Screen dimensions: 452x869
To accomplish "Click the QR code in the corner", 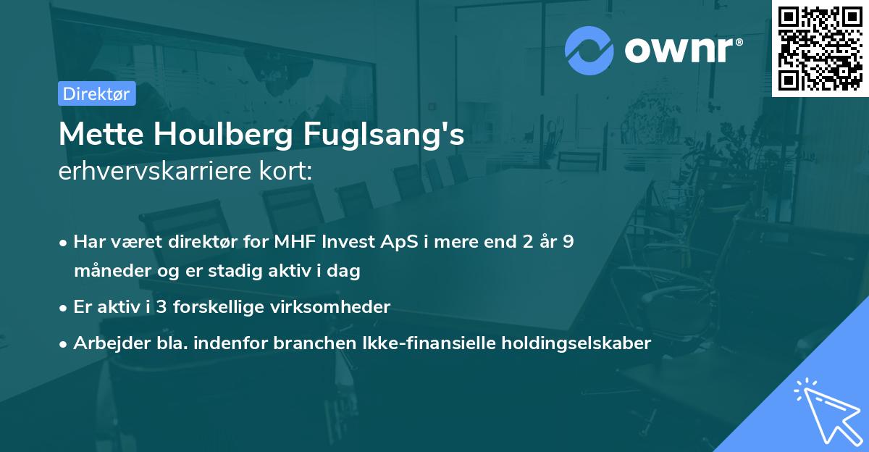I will [x=820, y=48].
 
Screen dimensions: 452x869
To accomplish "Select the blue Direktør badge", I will [x=96, y=93].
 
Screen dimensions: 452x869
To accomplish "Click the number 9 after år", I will [x=568, y=242].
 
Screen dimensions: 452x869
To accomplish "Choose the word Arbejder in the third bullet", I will [x=106, y=343].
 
